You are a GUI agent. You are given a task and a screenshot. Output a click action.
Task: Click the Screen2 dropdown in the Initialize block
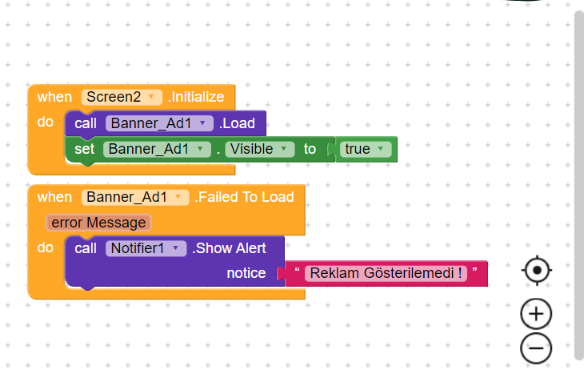[x=122, y=97]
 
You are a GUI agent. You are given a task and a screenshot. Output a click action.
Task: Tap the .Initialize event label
[x=196, y=97]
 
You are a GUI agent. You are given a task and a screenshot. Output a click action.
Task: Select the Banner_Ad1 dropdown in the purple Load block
[x=159, y=123]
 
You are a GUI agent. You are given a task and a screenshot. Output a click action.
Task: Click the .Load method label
[x=238, y=123]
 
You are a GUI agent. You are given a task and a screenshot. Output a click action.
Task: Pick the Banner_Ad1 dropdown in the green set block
[x=157, y=149]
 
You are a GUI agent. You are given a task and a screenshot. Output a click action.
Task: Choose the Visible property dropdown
[x=259, y=149]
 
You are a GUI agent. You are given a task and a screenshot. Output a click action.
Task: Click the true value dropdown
[x=366, y=149]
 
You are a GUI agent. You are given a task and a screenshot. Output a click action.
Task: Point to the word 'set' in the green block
[x=84, y=149]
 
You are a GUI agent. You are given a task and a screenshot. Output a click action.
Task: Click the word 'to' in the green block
[x=310, y=149]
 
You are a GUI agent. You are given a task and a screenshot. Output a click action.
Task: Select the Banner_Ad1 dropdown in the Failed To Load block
[x=135, y=197]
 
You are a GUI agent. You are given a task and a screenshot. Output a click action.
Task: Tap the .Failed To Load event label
[x=244, y=197]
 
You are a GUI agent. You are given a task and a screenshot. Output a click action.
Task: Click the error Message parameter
[x=98, y=223]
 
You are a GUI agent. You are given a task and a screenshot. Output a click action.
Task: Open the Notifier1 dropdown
[x=146, y=248]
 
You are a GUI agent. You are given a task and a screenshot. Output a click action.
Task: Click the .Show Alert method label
[x=229, y=248]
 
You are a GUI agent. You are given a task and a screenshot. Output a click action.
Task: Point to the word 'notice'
[x=246, y=273]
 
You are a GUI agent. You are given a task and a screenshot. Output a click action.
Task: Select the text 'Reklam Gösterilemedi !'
[x=386, y=273]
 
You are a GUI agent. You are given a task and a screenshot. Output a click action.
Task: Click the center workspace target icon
[x=536, y=270]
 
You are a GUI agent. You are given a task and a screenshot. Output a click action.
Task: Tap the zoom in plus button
[x=536, y=314]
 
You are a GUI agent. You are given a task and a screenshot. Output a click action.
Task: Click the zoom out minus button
[x=536, y=348]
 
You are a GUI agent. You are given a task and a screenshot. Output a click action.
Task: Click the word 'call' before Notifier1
[x=86, y=248]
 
